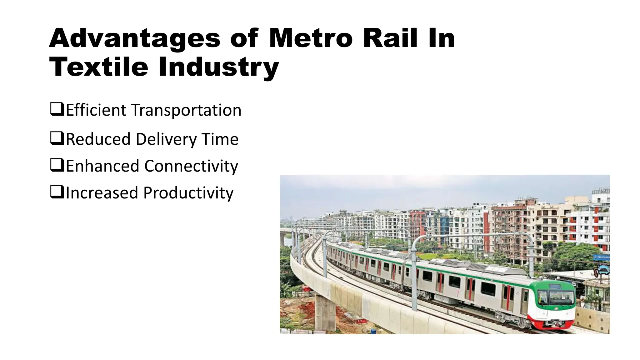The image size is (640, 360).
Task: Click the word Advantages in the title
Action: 135,39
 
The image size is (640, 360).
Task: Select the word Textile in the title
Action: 99,67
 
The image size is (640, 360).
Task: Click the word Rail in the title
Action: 390,39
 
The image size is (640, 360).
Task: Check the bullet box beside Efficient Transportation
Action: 57,109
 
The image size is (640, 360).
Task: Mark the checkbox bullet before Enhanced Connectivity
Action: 57,165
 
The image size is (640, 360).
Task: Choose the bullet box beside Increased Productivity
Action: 57,192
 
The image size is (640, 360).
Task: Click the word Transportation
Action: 186,110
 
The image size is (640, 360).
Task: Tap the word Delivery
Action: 166,139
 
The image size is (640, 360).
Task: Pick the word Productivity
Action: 188,193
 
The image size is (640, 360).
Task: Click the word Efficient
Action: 96,110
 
